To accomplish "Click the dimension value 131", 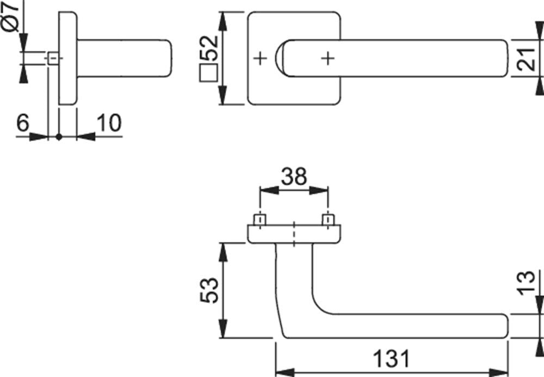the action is (x=391, y=358).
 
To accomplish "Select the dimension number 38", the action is (x=294, y=176).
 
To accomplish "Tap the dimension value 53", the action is (x=209, y=290).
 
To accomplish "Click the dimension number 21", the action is (x=526, y=59).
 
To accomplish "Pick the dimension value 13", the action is (x=526, y=283).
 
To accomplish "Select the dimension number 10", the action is (x=109, y=123).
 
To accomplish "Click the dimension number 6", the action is (x=23, y=123).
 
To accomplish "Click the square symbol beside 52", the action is (x=208, y=72).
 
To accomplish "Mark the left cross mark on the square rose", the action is (x=260, y=58).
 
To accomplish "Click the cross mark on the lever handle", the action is (x=328, y=58).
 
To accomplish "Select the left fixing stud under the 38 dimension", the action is (x=260, y=220).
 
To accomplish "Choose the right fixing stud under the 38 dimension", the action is (x=328, y=220).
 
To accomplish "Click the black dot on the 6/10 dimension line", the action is (x=59, y=137).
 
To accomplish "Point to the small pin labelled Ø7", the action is (x=53, y=58).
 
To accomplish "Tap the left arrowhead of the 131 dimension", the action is (x=285, y=373).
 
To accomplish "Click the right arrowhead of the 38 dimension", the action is (x=318, y=191).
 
